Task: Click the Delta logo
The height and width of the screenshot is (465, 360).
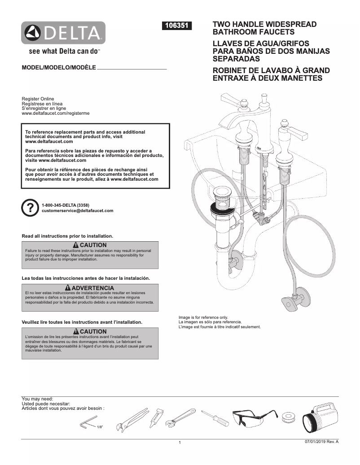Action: pos(64,33)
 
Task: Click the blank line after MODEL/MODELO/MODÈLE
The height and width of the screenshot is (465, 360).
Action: pos(132,69)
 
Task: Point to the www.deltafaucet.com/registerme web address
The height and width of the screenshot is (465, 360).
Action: pos(56,113)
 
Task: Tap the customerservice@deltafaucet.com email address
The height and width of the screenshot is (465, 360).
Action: pos(77,210)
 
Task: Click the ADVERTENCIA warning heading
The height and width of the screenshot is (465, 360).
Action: pos(90,287)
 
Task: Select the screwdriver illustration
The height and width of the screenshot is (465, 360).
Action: pos(215,417)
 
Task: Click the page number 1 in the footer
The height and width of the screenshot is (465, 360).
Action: pos(180,443)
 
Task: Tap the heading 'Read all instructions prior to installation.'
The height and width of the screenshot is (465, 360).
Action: pos(67,236)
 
